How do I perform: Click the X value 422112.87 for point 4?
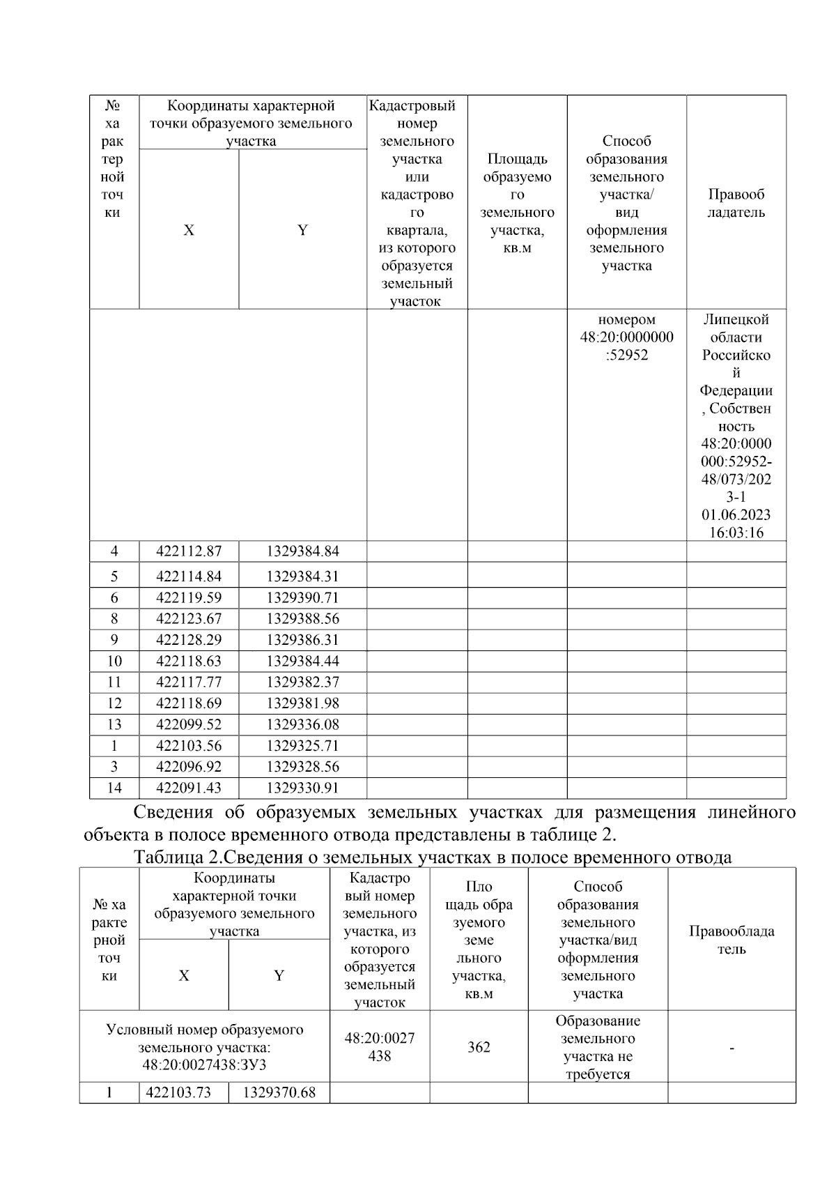coord(189,551)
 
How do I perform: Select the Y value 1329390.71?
coord(302,598)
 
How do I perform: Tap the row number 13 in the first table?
coord(114,724)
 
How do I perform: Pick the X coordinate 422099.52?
coord(189,724)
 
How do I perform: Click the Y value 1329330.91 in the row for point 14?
coord(302,788)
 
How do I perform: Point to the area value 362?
coord(479,1047)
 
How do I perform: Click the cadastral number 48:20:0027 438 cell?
coord(380,1047)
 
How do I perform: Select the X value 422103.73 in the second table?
coord(184,1092)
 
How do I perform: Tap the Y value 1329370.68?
coord(279,1092)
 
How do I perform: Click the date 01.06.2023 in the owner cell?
coord(736,515)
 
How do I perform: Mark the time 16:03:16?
coord(736,533)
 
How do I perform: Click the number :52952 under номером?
coord(626,355)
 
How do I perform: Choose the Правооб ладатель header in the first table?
coord(736,204)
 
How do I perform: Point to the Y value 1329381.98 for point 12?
coord(302,703)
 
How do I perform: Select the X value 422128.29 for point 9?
coord(189,640)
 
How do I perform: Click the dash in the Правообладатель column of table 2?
coord(731,1047)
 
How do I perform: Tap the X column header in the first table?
coord(189,230)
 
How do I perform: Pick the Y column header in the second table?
coord(279,975)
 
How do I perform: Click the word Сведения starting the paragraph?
coord(172,812)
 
